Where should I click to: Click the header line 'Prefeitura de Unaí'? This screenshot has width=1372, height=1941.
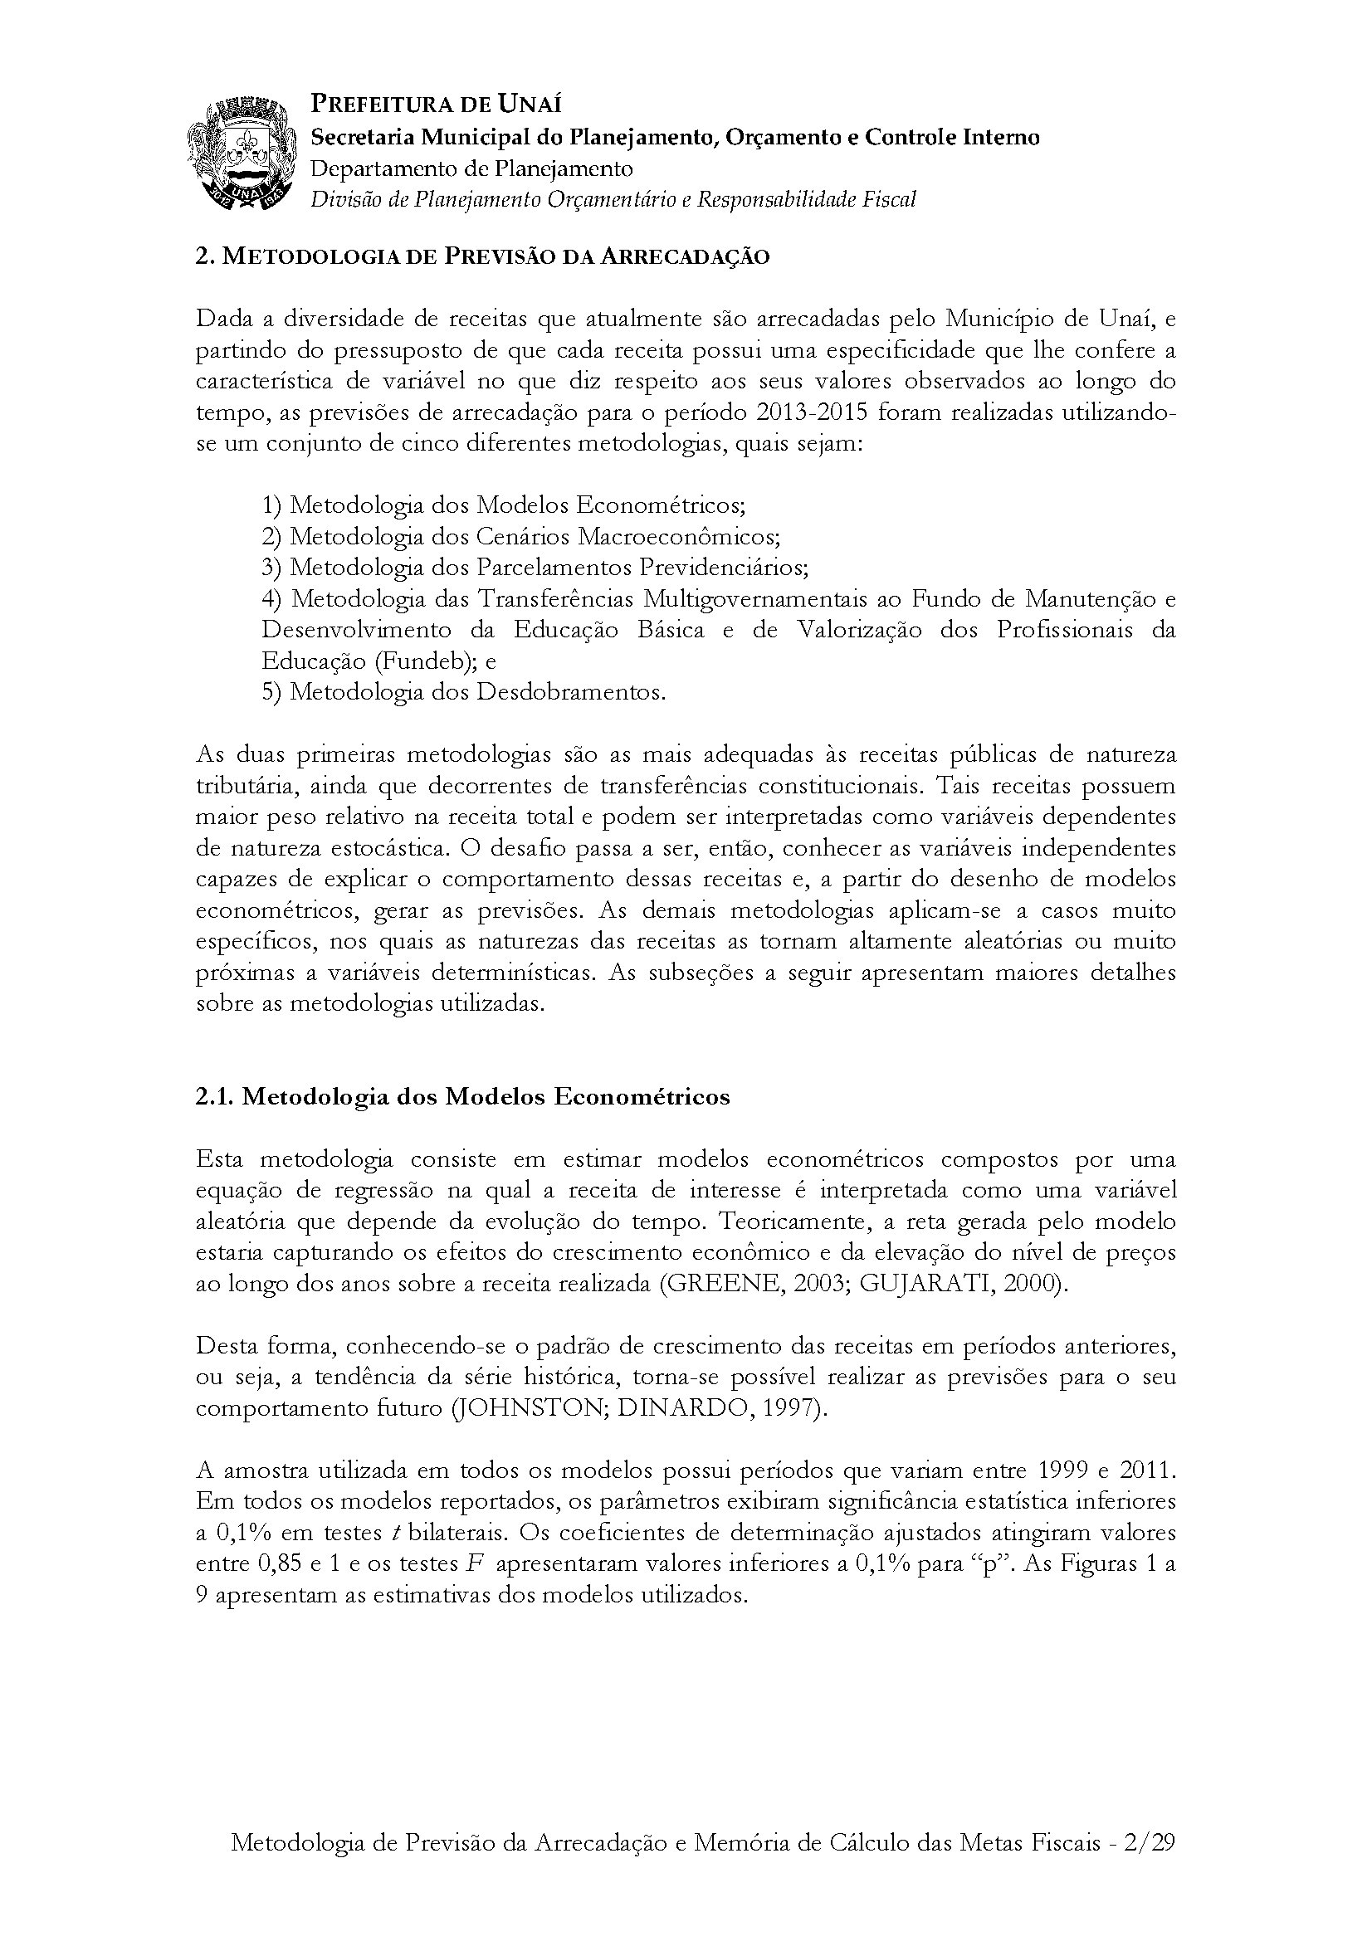point(437,105)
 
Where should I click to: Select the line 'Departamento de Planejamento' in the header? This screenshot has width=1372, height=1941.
point(471,168)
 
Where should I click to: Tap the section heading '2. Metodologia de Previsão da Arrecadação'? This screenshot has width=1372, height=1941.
point(483,257)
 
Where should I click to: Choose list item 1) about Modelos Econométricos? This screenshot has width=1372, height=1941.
point(503,505)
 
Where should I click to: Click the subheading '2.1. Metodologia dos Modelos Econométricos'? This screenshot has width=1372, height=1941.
point(462,1096)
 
